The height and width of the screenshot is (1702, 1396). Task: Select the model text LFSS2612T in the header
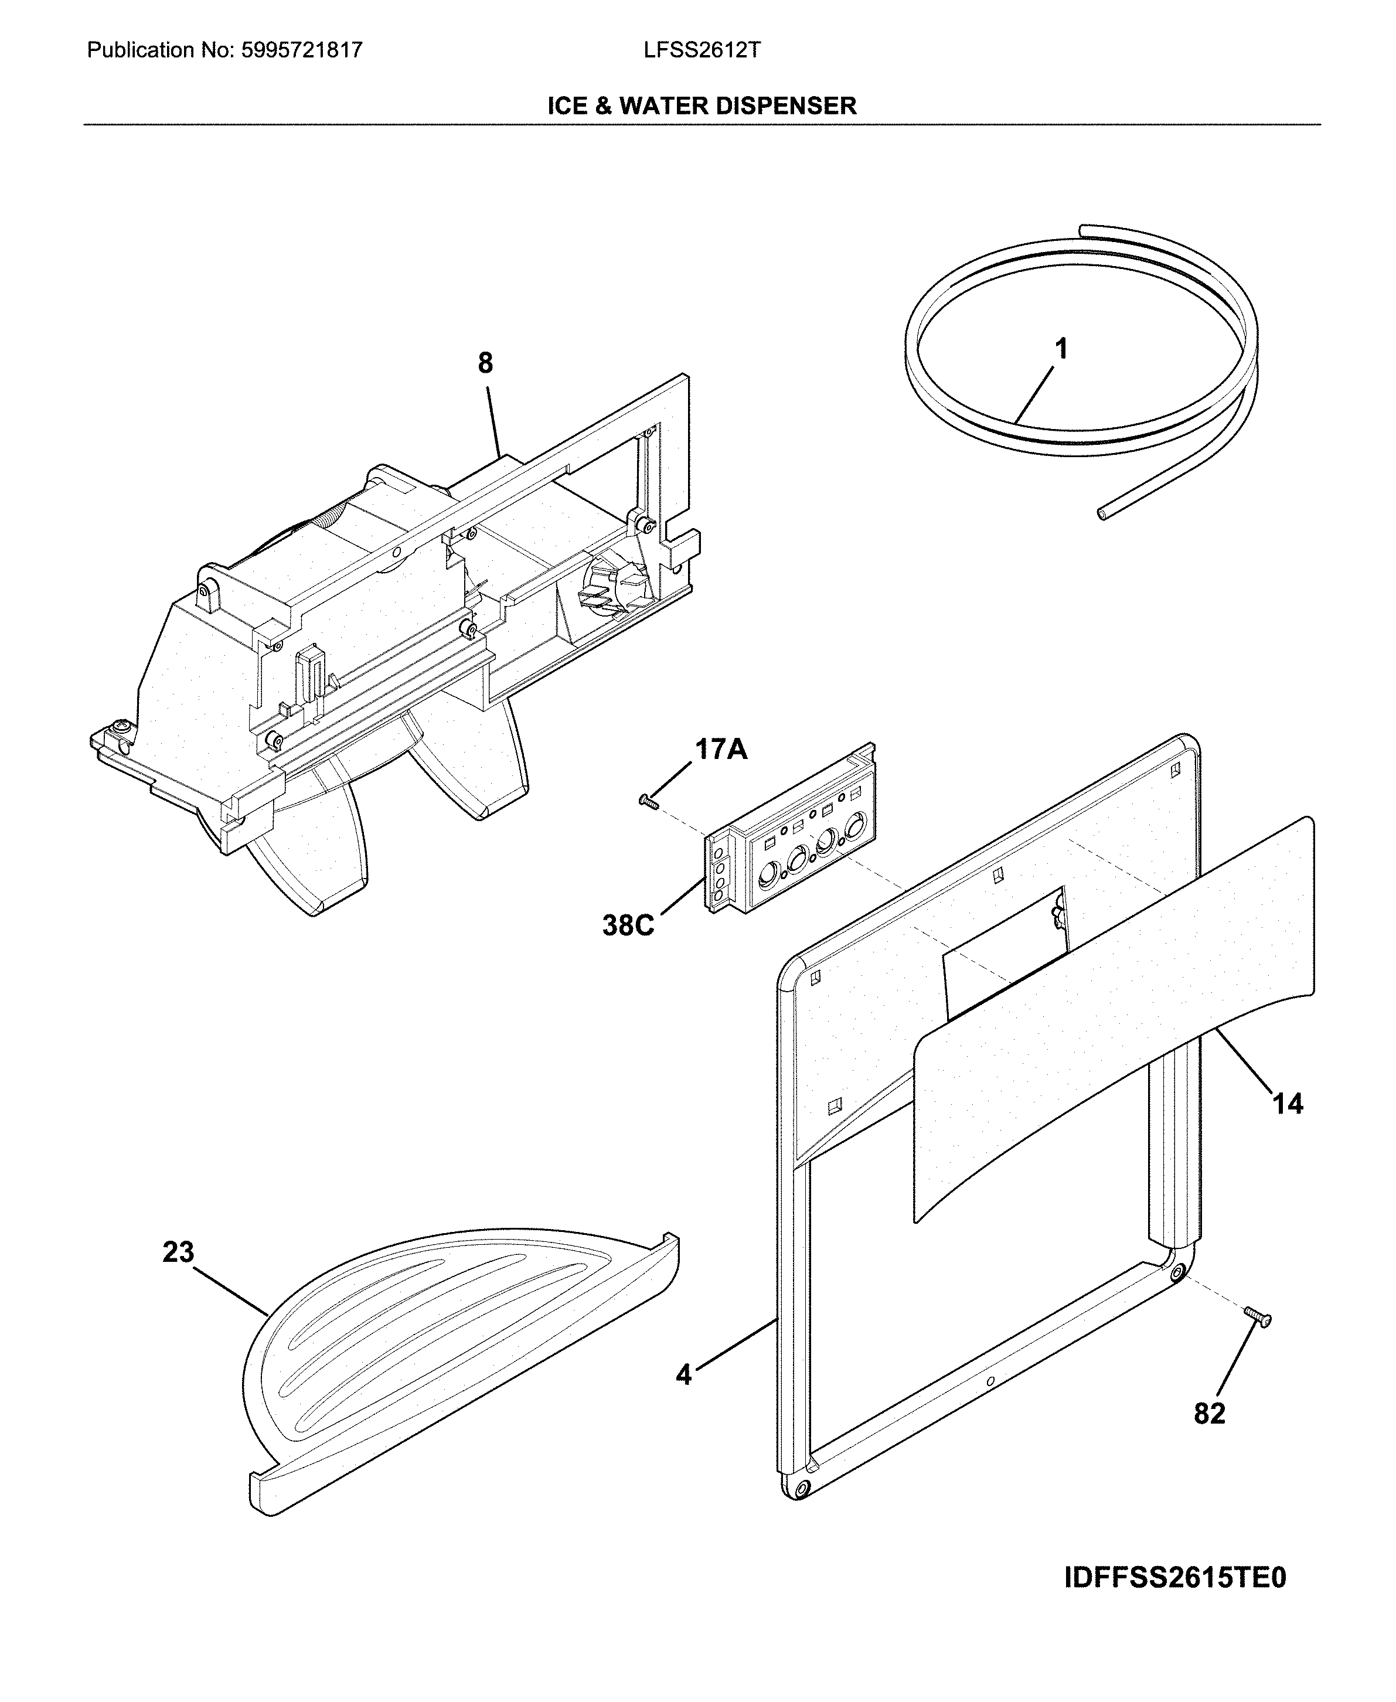click(701, 50)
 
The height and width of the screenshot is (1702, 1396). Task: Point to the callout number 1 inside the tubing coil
click(1061, 349)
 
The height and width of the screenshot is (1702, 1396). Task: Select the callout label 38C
click(628, 925)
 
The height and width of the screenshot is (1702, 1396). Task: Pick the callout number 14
click(1288, 1104)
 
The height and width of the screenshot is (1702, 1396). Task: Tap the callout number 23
click(179, 1252)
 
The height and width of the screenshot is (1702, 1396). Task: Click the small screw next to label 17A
click(648, 801)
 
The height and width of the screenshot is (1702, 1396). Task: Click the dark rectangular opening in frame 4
click(1001, 977)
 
